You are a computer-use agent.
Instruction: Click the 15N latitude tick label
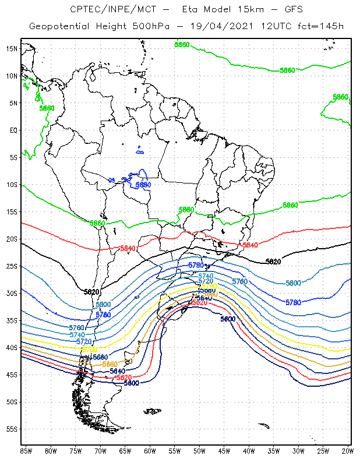point(12,48)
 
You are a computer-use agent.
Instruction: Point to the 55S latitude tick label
point(12,429)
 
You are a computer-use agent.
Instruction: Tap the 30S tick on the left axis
point(12,294)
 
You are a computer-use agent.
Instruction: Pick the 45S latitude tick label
point(12,375)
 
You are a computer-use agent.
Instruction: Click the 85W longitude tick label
point(26,451)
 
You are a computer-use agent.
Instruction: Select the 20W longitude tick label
point(348,451)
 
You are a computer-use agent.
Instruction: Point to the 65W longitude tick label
point(125,451)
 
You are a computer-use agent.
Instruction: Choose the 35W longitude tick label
point(274,451)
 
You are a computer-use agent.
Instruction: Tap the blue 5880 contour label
point(143,185)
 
